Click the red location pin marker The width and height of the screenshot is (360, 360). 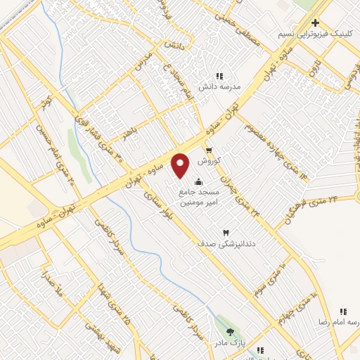click(181, 165)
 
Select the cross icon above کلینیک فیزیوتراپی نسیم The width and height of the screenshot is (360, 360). click(316, 22)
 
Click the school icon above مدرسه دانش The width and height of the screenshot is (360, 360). click(219, 76)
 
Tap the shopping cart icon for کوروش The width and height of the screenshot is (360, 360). click(209, 150)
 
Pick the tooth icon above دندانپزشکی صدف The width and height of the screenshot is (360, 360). click(226, 232)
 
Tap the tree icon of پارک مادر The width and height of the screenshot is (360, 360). click(230, 331)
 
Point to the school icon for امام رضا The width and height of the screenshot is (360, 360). click(343, 311)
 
